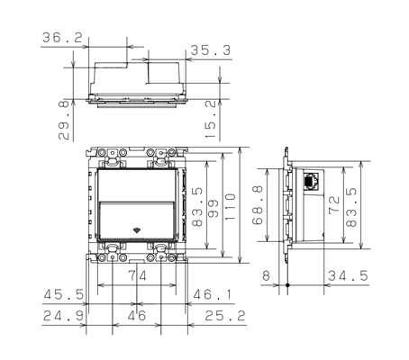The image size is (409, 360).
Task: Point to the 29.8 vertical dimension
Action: (61, 113)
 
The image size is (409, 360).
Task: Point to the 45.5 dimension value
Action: (66, 293)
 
